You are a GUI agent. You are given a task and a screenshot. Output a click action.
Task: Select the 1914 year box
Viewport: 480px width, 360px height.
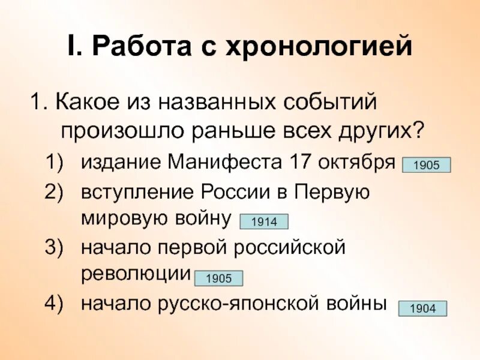point(264,222)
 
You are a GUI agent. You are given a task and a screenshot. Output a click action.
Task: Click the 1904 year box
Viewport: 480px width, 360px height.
point(423,309)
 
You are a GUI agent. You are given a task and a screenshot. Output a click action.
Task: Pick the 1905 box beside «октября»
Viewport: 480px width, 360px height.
point(426,166)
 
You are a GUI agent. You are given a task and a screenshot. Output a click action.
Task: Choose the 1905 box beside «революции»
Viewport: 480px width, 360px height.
point(218,278)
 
